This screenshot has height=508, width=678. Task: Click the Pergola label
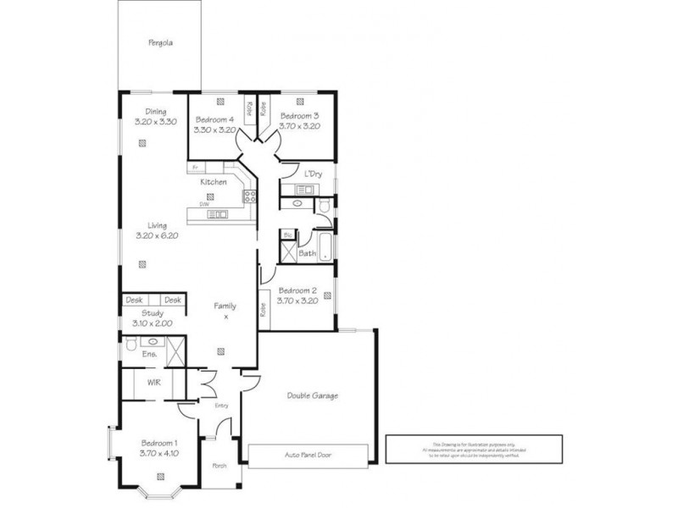[x=159, y=42]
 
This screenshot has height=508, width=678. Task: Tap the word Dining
[x=155, y=112]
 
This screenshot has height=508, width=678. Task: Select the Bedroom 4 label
[x=214, y=119]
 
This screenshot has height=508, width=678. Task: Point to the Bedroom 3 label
[x=299, y=116]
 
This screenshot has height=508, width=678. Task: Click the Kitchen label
[x=213, y=182]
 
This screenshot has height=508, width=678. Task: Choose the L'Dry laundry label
[x=313, y=174]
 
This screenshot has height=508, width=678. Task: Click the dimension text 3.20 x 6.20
[x=157, y=236]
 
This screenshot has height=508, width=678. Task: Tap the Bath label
[x=307, y=252]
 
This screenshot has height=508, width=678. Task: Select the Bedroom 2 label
[x=298, y=290]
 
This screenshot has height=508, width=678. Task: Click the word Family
[x=225, y=306]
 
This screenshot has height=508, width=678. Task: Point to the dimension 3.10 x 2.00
[x=152, y=323]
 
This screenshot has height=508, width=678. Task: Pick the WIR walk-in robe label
[x=153, y=383]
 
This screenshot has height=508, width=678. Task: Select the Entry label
[x=221, y=406]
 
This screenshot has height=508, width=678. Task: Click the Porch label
[x=220, y=465]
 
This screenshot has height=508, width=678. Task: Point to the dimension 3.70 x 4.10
[x=158, y=453]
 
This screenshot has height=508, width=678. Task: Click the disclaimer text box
[x=474, y=448]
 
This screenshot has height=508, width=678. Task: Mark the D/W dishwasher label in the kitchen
[x=204, y=204]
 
